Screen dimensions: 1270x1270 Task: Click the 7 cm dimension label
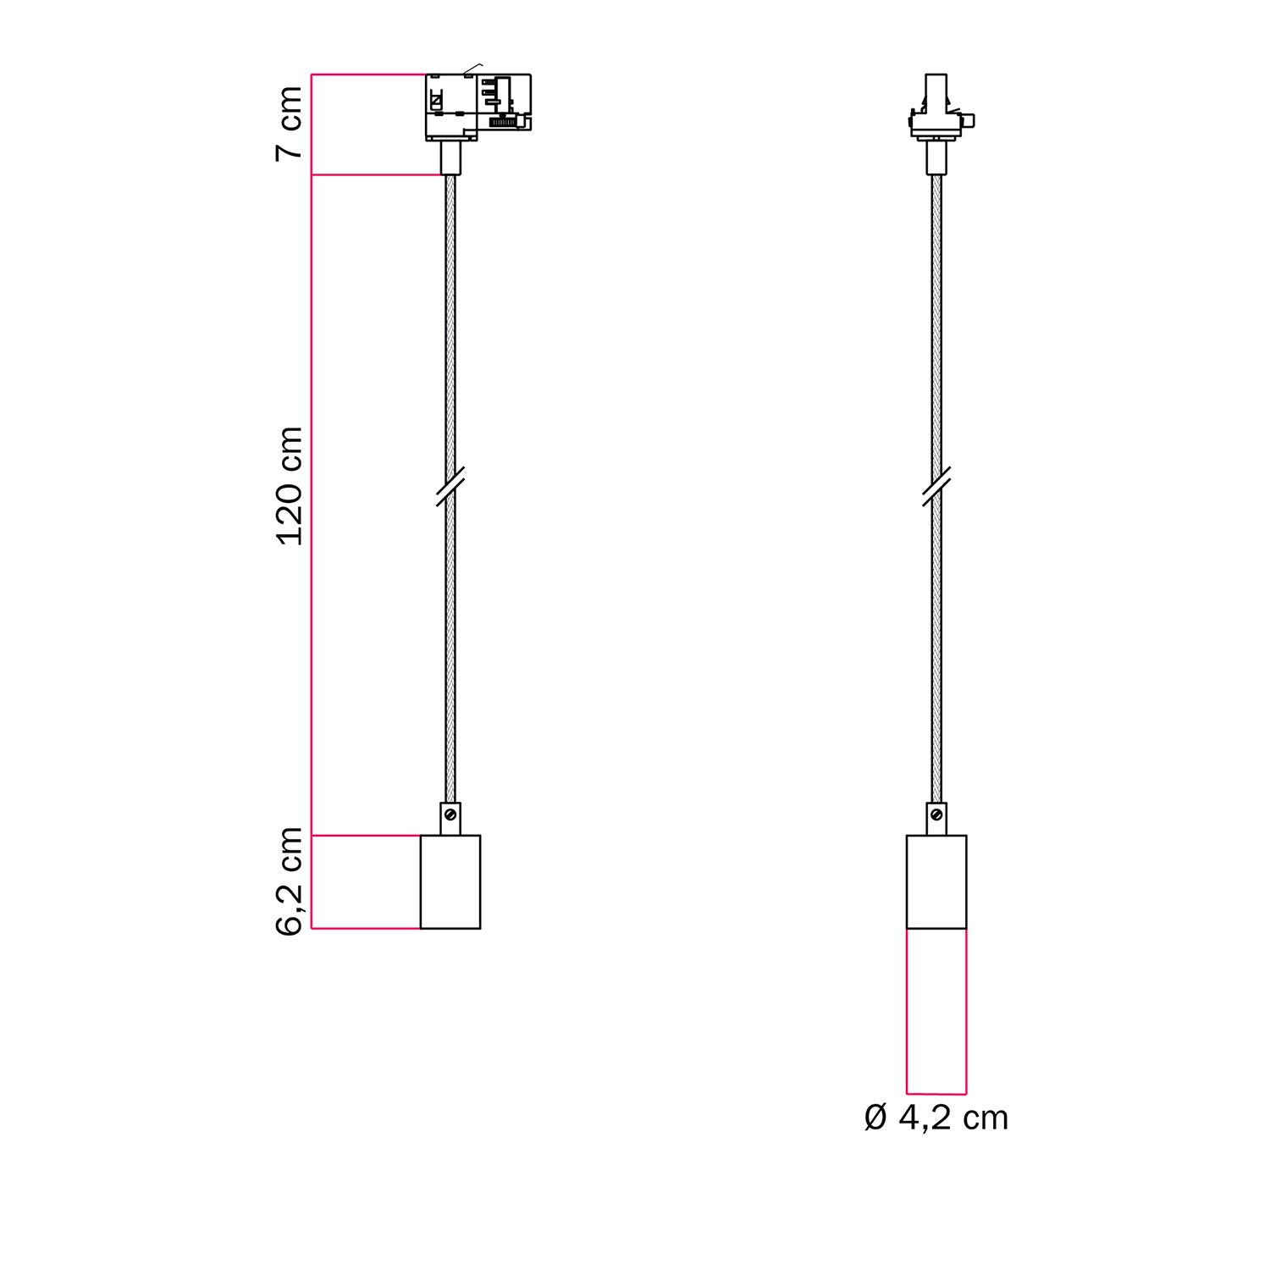[x=290, y=122]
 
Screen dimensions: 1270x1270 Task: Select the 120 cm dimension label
[x=290, y=486]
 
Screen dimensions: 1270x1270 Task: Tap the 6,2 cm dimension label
[x=290, y=881]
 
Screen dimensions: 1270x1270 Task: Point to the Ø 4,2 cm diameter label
[x=936, y=1118]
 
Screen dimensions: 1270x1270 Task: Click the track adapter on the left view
[x=478, y=106]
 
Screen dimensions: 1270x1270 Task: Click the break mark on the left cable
[x=450, y=487]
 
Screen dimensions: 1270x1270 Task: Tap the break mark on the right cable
[x=936, y=487]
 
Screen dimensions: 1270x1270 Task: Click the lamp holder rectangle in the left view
[x=450, y=881]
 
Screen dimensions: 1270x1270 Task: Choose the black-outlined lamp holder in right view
[x=936, y=881]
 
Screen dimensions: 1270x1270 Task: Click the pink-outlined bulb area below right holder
[x=936, y=1012]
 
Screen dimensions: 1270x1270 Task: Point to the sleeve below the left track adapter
[x=450, y=157]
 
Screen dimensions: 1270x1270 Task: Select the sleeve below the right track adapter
[x=936, y=157]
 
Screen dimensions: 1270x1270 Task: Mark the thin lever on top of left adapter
[x=472, y=67]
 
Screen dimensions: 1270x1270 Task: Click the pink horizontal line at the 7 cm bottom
[x=377, y=175]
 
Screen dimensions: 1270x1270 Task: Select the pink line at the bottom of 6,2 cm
[x=366, y=929]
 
